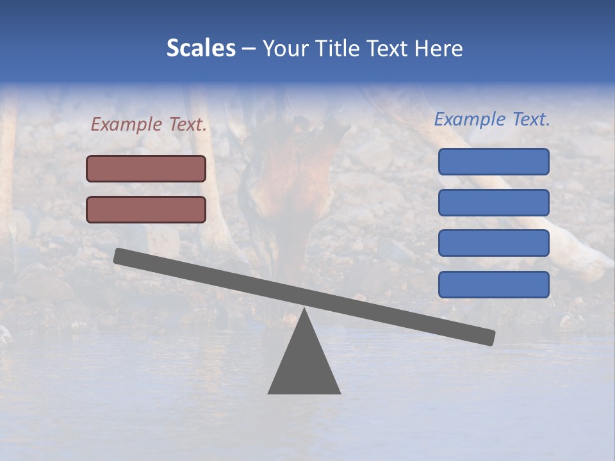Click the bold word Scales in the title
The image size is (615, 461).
(201, 48)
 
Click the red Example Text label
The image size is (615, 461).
(149, 125)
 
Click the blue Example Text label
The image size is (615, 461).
(492, 119)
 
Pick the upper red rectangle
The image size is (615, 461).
(146, 168)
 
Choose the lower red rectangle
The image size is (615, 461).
(146, 209)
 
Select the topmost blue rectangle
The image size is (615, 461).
(493, 161)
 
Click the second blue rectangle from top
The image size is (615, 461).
(493, 202)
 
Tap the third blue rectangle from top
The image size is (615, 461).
(493, 243)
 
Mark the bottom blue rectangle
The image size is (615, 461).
(493, 284)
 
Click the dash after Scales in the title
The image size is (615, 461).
(249, 49)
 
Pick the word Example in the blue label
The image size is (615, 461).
(470, 119)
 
